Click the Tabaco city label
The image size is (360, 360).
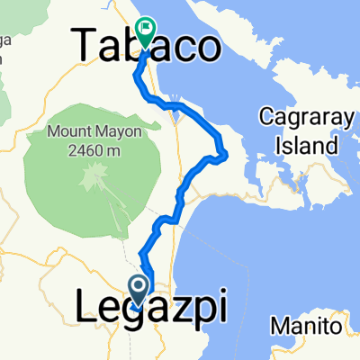(x=146, y=44)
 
